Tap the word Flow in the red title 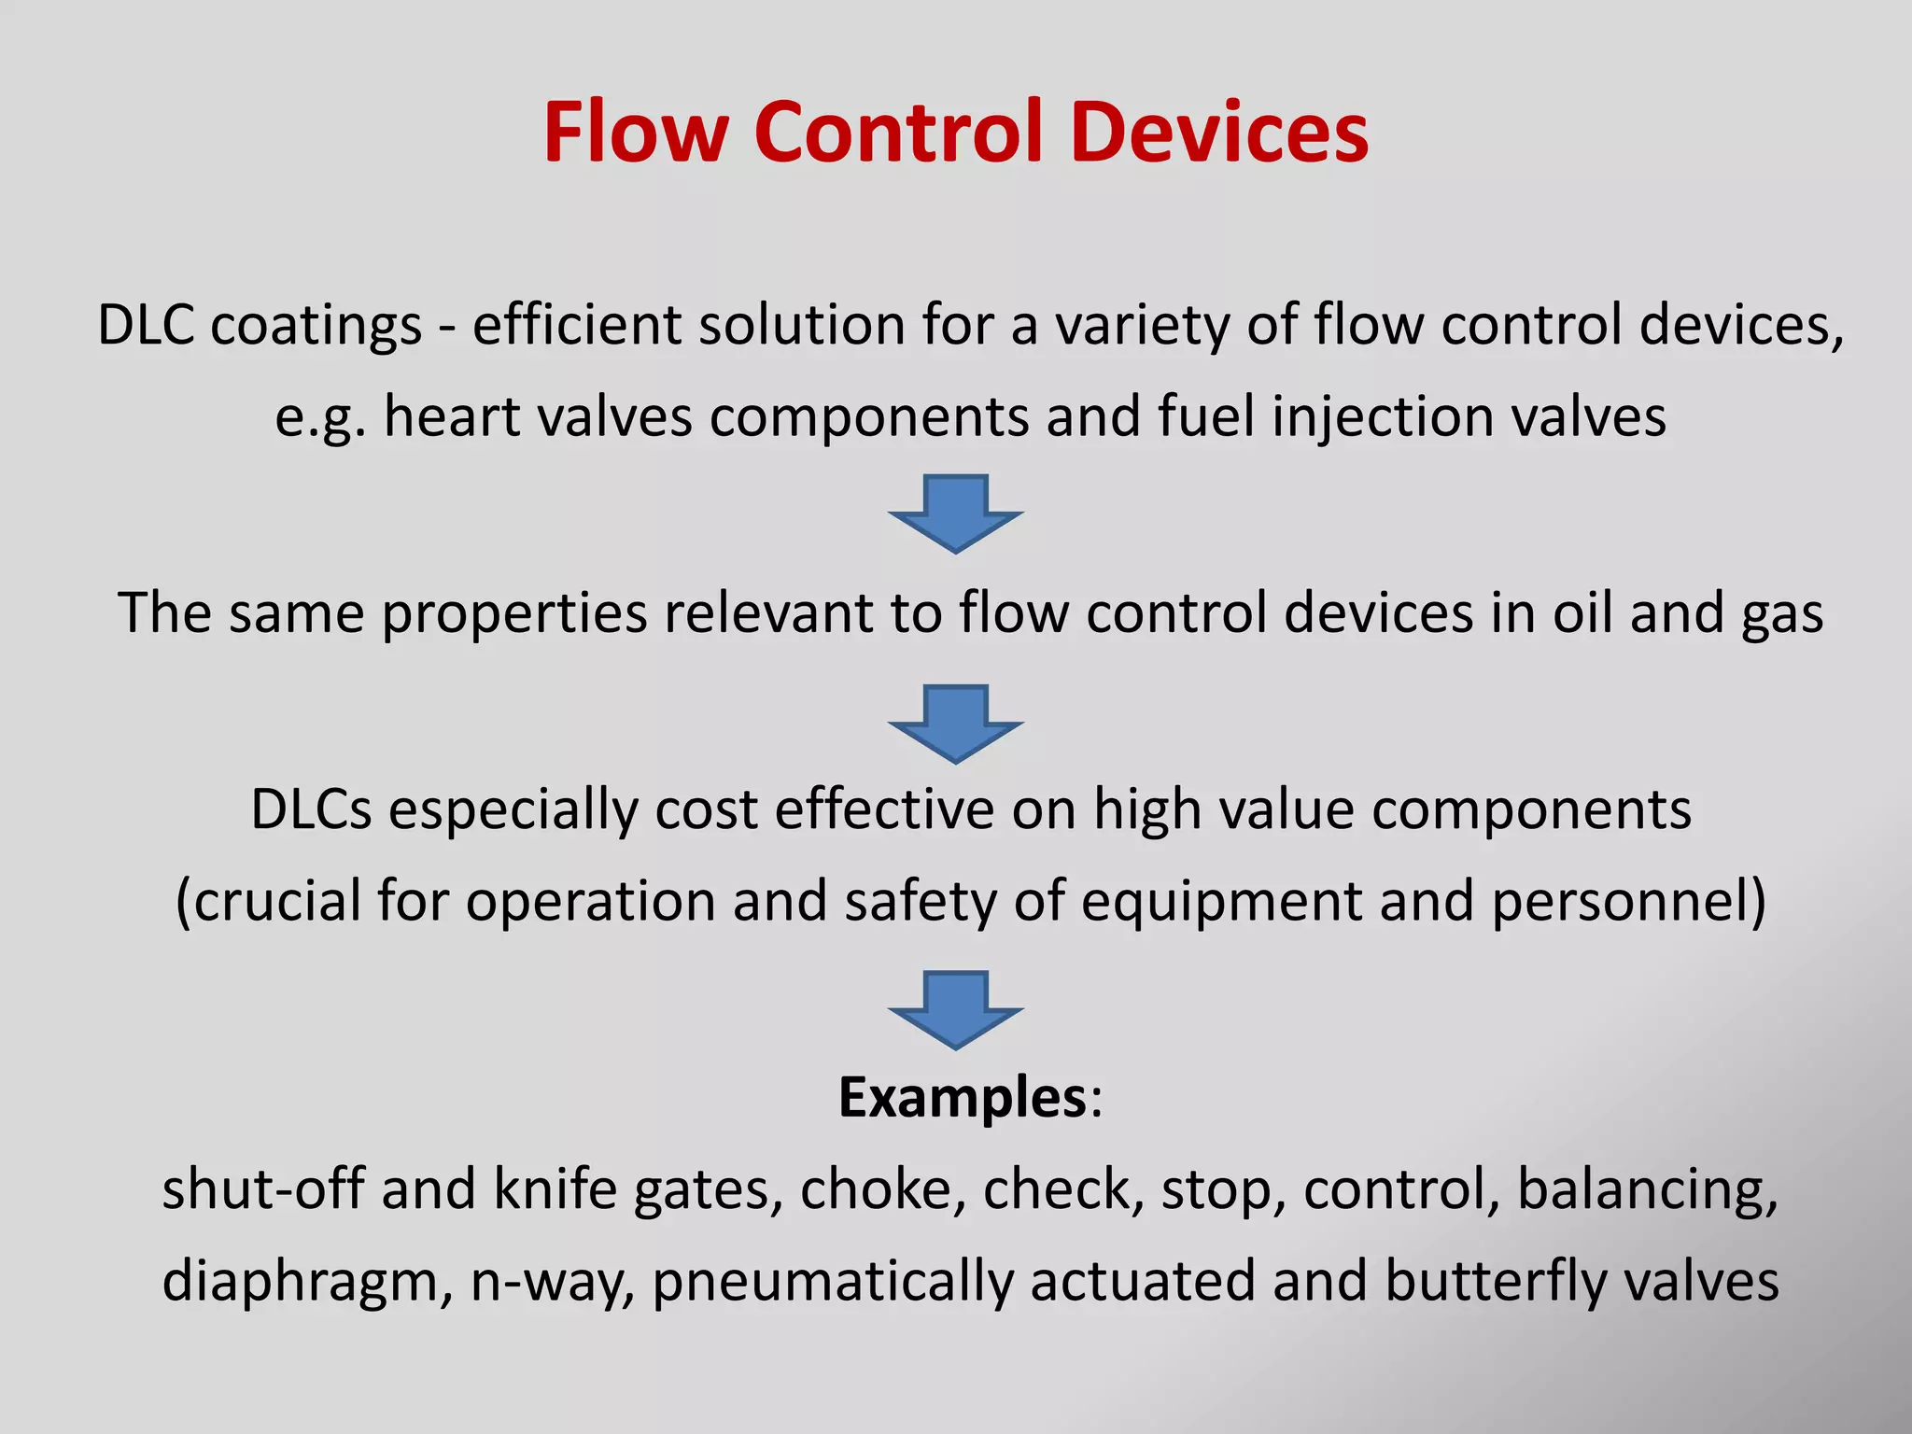pyautogui.click(x=635, y=133)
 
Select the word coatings pyautogui.click(x=316, y=327)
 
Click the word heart pyautogui.click(x=451, y=416)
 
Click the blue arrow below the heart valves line pyautogui.click(x=956, y=513)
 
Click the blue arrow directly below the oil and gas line pyautogui.click(x=956, y=723)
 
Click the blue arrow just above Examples pyautogui.click(x=956, y=1009)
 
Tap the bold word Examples pyautogui.click(x=963, y=1099)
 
